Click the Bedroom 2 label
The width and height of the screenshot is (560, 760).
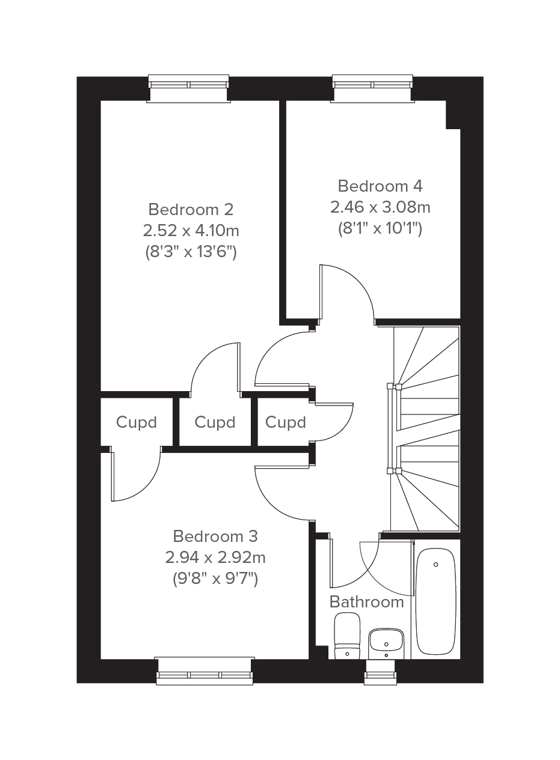pos(191,209)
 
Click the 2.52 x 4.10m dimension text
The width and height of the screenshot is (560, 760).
pos(191,231)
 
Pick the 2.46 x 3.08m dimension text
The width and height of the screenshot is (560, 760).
pos(380,207)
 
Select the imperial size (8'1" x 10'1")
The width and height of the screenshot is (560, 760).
pos(380,229)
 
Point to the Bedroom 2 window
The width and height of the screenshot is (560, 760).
pos(189,88)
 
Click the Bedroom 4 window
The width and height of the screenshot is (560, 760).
pos(373,88)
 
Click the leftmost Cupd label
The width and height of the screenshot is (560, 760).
pos(137,422)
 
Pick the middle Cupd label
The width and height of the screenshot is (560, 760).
pos(215,422)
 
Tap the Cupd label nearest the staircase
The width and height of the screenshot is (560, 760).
pos(286,422)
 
